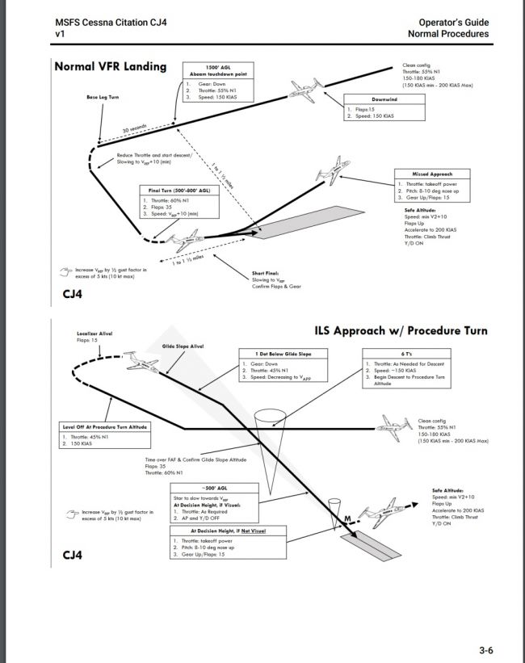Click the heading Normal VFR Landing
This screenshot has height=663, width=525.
(110, 66)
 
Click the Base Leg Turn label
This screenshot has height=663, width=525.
(103, 97)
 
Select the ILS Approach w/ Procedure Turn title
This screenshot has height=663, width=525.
(401, 331)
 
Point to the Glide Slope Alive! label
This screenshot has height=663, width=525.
(183, 346)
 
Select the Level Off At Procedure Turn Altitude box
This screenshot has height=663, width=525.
(105, 437)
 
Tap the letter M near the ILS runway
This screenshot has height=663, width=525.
(347, 518)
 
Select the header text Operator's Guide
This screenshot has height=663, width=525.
(453, 21)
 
